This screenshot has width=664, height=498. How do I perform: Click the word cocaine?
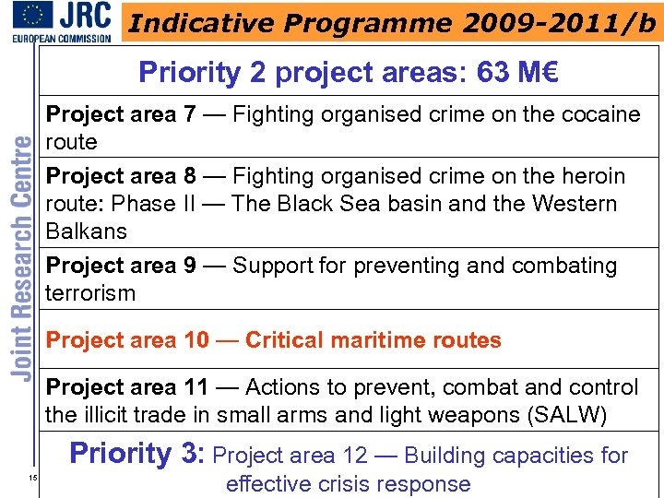592,114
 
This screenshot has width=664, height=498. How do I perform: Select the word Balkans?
87,231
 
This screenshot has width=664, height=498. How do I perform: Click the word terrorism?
90,293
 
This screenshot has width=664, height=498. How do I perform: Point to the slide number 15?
31,477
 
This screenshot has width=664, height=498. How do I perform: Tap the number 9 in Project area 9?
189,266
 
